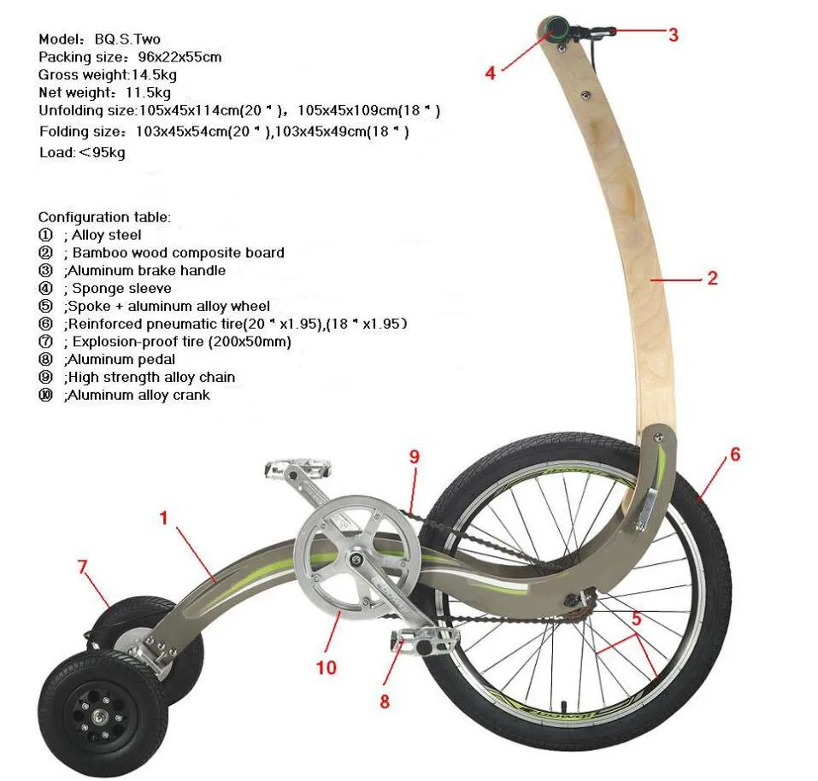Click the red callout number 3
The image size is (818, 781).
pyautogui.click(x=674, y=35)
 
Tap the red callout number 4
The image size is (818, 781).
pyautogui.click(x=490, y=73)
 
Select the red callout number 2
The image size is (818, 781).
pyautogui.click(x=712, y=278)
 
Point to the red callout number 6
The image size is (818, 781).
pyautogui.click(x=734, y=455)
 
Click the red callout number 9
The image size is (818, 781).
pyautogui.click(x=415, y=457)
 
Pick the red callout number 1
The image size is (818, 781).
pyautogui.click(x=162, y=517)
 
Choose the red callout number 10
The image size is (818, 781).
pyautogui.click(x=327, y=667)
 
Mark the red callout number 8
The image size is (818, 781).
pyautogui.click(x=385, y=702)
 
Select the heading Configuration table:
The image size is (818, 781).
pyautogui.click(x=104, y=217)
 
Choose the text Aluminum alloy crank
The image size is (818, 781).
pyautogui.click(x=138, y=396)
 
